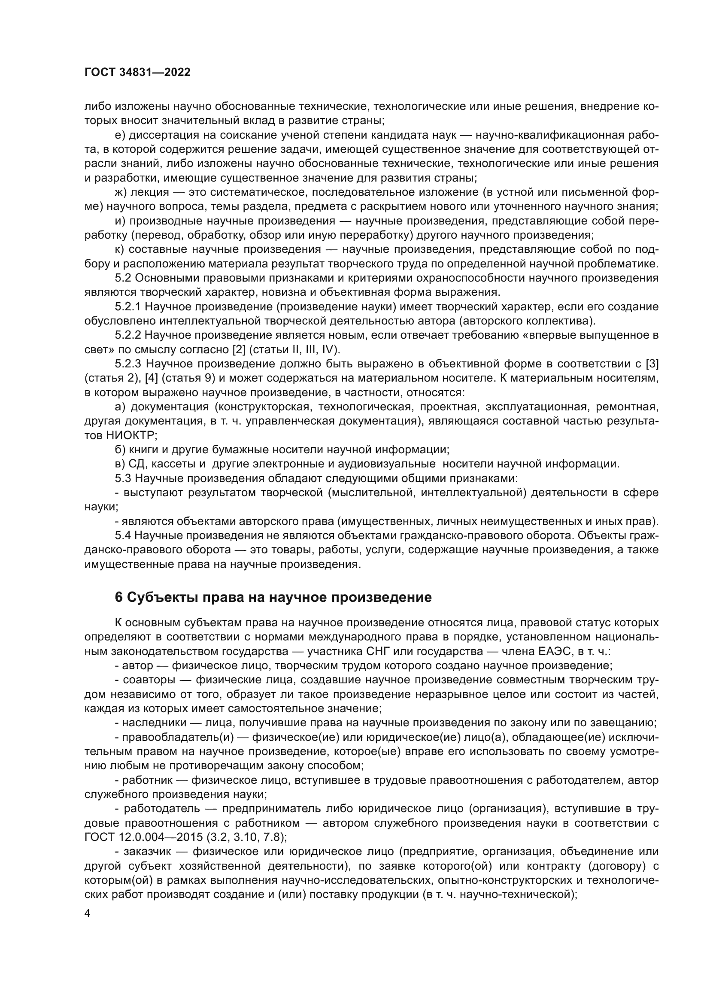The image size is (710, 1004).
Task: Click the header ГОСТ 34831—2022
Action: click(137, 73)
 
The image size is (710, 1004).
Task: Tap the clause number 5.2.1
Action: click(128, 307)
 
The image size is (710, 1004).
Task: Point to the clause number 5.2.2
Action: click(128, 335)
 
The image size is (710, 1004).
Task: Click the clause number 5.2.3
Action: click(128, 364)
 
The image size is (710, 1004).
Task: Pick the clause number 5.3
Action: click(123, 478)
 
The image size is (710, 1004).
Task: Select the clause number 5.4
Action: click(123, 536)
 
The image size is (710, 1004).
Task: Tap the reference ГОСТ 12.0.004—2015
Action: click(144, 837)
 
